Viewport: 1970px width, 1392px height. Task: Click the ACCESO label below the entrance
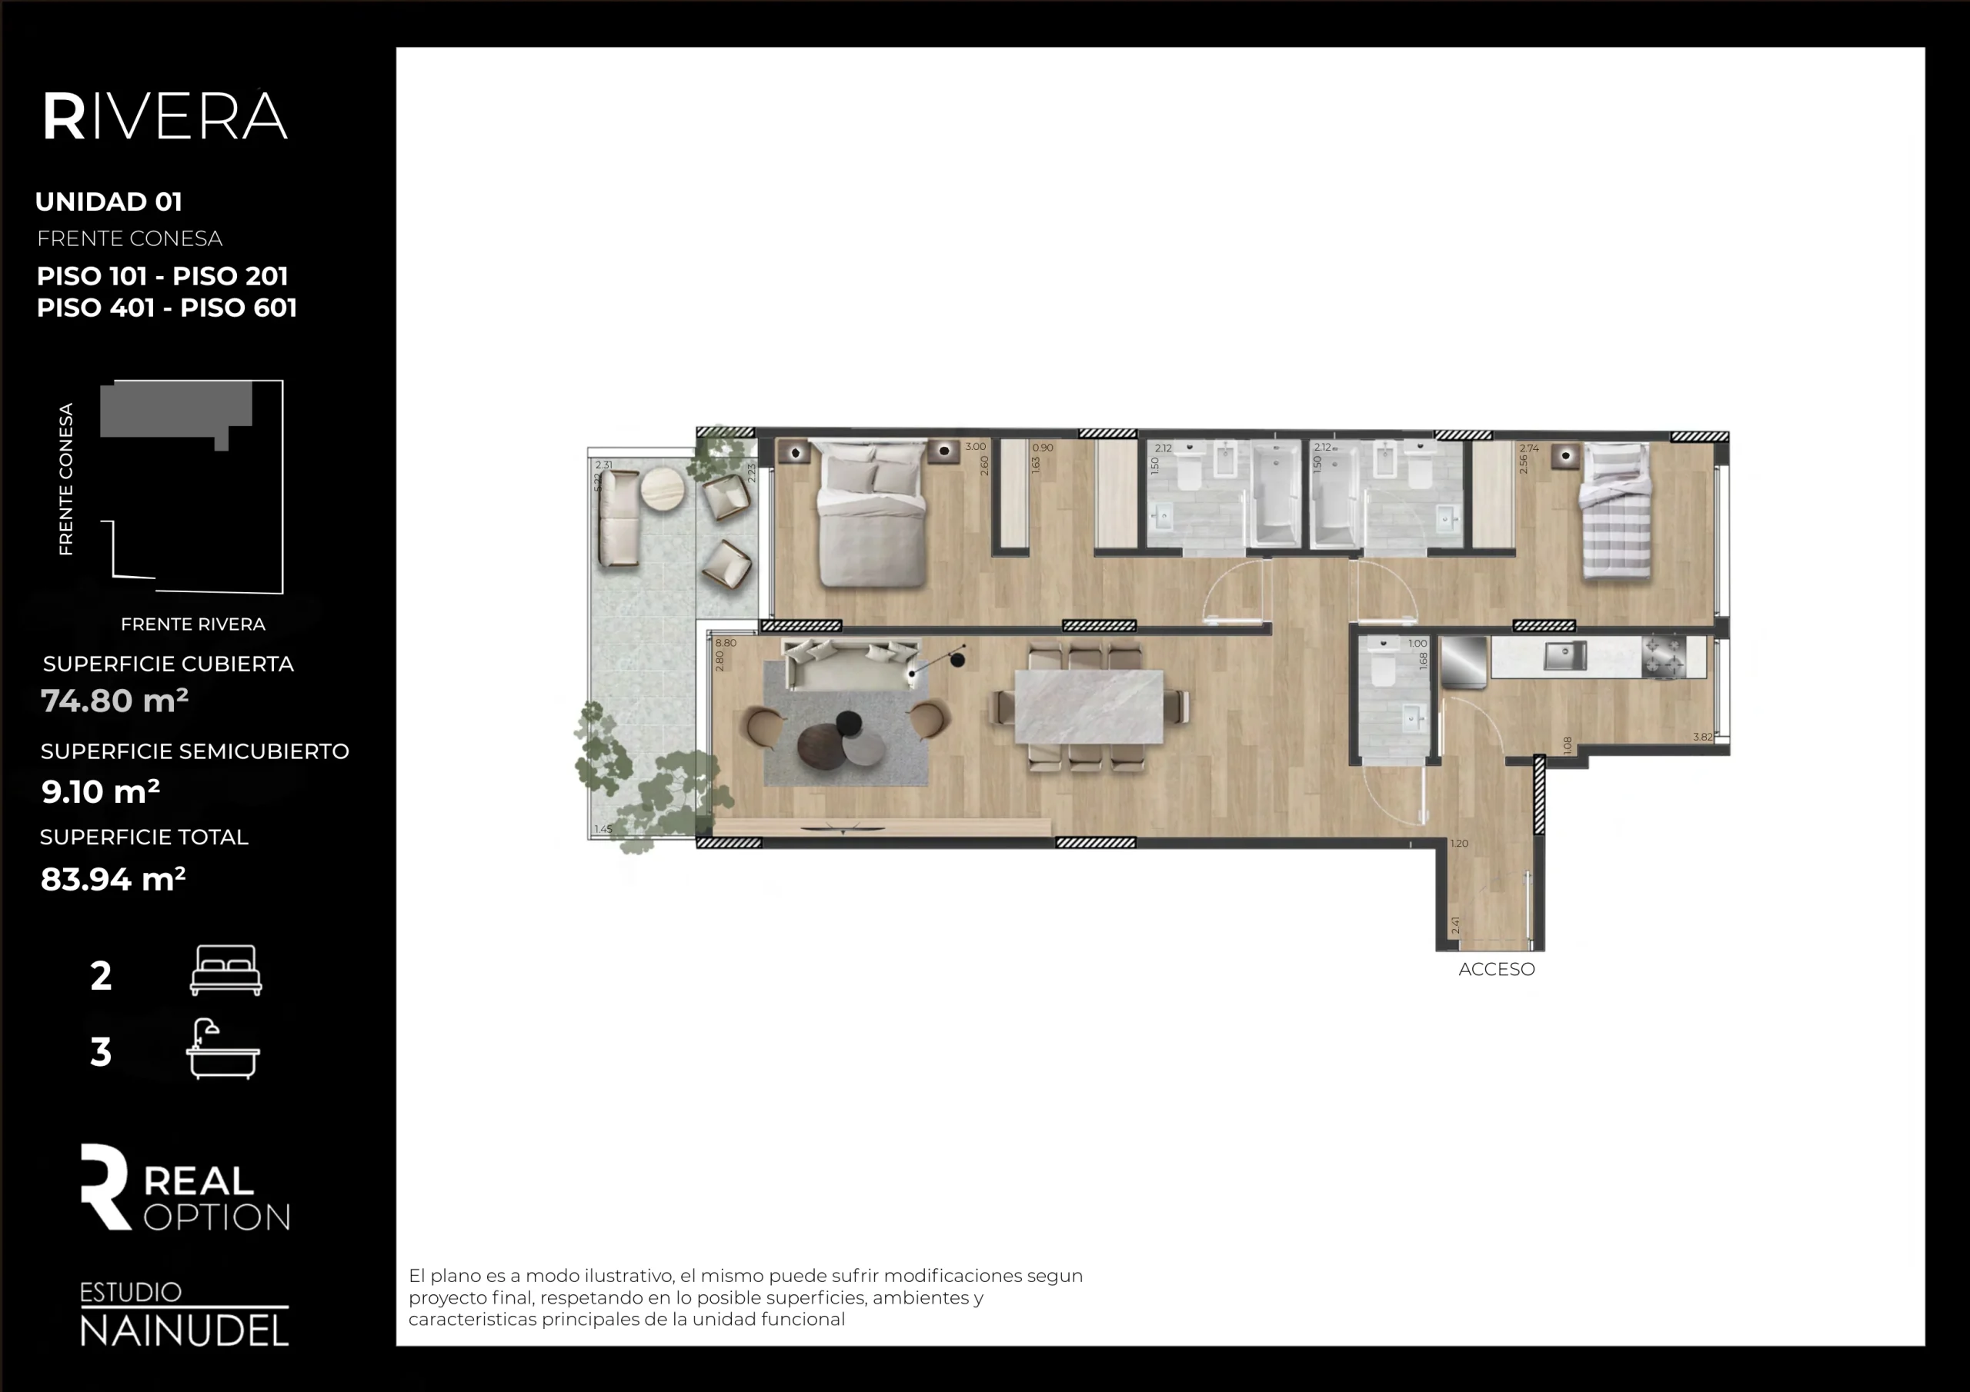pos(1497,969)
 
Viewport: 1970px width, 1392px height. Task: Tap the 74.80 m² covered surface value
pos(114,701)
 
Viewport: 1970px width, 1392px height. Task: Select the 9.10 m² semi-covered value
pos(100,791)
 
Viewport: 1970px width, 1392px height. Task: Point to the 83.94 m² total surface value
pos(112,879)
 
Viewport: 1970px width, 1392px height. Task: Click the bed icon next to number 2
pos(225,970)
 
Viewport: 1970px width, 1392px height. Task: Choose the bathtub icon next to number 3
pos(222,1049)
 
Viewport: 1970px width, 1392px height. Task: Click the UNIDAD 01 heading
pos(109,201)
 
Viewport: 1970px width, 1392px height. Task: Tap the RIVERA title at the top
pos(165,117)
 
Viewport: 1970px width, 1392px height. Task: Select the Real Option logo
pos(185,1188)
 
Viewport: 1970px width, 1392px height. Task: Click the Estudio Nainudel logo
pos(184,1315)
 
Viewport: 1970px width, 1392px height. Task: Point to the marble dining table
pos(1089,708)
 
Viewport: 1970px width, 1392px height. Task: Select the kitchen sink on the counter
pos(1565,656)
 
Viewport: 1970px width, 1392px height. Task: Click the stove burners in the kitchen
pos(1664,657)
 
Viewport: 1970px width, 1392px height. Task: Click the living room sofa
pos(850,664)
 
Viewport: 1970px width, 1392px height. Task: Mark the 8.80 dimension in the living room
pos(726,642)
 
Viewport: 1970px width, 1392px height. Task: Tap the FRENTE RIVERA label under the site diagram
pos(193,624)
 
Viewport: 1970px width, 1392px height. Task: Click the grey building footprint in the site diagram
pos(176,410)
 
